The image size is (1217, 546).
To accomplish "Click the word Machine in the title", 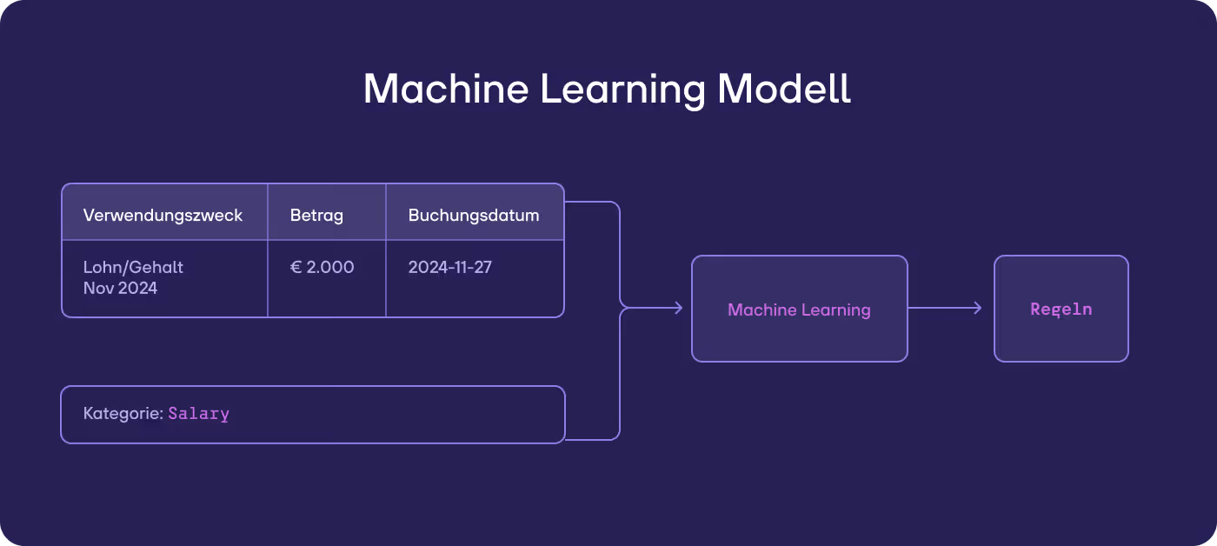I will point(443,89).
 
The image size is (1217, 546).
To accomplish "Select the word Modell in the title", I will point(785,89).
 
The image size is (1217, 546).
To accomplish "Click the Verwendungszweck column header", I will point(163,215).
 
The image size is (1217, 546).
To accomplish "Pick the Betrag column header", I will point(316,215).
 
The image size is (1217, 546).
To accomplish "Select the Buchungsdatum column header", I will point(474,215).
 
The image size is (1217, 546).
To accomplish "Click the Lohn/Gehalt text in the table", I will point(133,267).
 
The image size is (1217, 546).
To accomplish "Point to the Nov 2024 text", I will point(120,288).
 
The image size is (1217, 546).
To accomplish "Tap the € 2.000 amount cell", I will point(323,267).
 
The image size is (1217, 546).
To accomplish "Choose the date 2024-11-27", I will point(450,267).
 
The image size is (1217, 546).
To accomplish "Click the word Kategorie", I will point(123,414).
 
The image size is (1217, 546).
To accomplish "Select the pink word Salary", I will point(199,414).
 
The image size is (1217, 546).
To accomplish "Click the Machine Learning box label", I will point(799,310).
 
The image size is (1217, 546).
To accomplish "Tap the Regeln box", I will point(1061,309).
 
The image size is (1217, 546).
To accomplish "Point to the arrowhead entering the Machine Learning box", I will point(678,308).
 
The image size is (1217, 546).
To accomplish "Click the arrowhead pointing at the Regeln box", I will point(977,308).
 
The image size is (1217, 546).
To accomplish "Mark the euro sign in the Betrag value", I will point(296,267).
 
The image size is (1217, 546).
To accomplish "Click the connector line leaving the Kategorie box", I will point(591,439).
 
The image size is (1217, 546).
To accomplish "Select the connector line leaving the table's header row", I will point(591,203).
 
